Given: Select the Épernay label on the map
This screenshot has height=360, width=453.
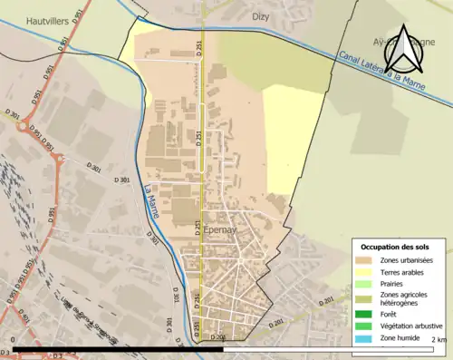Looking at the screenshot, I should click(x=222, y=230).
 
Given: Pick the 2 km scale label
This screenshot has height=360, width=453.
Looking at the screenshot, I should click(x=439, y=339).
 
